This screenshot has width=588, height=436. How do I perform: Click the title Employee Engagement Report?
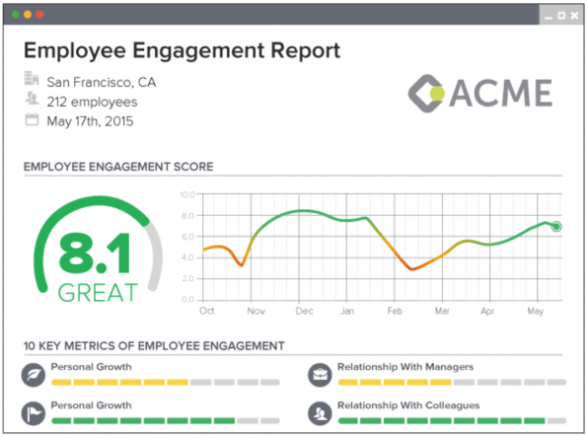(x=182, y=51)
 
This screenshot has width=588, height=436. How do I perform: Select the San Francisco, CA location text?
(x=101, y=82)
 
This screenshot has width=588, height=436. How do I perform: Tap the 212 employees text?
(x=93, y=102)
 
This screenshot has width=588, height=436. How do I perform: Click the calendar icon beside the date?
(x=31, y=120)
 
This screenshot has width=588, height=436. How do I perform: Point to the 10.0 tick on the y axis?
(x=187, y=194)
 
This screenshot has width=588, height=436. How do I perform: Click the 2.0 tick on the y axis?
(x=187, y=279)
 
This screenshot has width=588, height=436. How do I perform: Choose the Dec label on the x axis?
(x=304, y=311)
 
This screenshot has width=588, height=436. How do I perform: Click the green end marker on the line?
(x=556, y=227)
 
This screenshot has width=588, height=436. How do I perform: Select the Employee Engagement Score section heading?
(x=117, y=167)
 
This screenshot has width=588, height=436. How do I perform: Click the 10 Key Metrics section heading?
(x=154, y=345)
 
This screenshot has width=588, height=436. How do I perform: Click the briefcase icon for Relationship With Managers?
(x=320, y=374)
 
